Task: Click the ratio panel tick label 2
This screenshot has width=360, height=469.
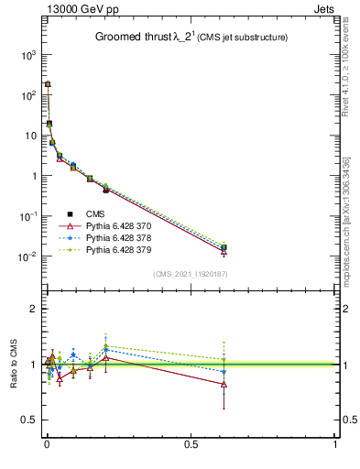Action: coord(32,309)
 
